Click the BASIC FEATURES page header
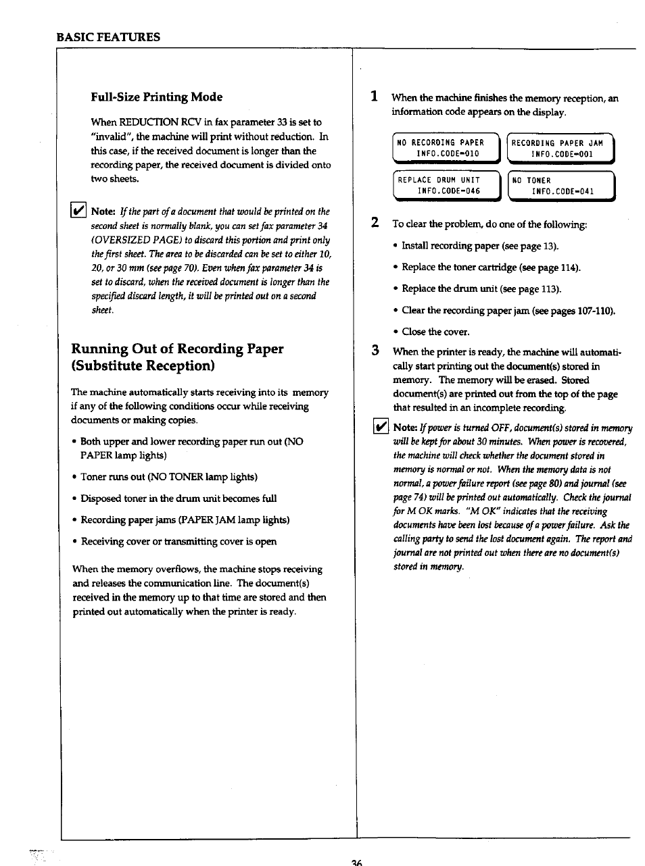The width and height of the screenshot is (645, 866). [x=108, y=37]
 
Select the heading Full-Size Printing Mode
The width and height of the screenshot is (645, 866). [x=156, y=97]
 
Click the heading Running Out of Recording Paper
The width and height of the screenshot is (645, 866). [x=177, y=349]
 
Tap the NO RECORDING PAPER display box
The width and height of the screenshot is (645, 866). [x=445, y=149]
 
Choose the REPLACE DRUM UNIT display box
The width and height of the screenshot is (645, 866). [x=445, y=186]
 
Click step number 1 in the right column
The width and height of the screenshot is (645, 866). [x=374, y=97]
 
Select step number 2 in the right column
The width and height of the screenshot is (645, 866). [x=374, y=223]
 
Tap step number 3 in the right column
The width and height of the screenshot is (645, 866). [x=374, y=351]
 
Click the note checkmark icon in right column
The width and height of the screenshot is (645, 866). [x=381, y=427]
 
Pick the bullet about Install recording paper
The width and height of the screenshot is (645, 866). [x=479, y=246]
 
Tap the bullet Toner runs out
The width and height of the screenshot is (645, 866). [x=168, y=477]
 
